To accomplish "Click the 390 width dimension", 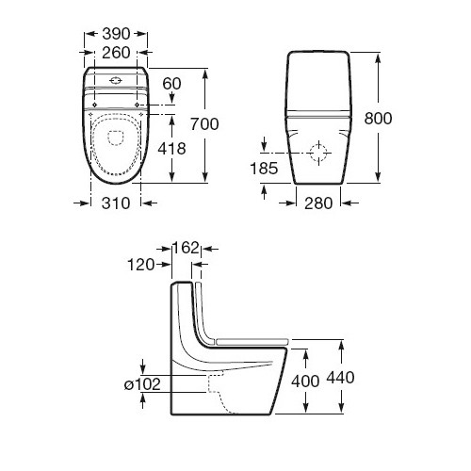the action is pyautogui.click(x=116, y=34).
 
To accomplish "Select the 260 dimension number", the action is pyautogui.click(x=116, y=53).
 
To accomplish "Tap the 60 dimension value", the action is pyautogui.click(x=171, y=84).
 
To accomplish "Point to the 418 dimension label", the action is pyautogui.click(x=171, y=148).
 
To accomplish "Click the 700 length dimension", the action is pyautogui.click(x=204, y=124).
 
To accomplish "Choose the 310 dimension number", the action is pyautogui.click(x=116, y=203).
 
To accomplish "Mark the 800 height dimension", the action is pyautogui.click(x=378, y=119).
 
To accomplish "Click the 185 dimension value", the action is pyautogui.click(x=264, y=169).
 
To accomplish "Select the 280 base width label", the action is pyautogui.click(x=318, y=203).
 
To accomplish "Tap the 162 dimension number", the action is pyautogui.click(x=187, y=248).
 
